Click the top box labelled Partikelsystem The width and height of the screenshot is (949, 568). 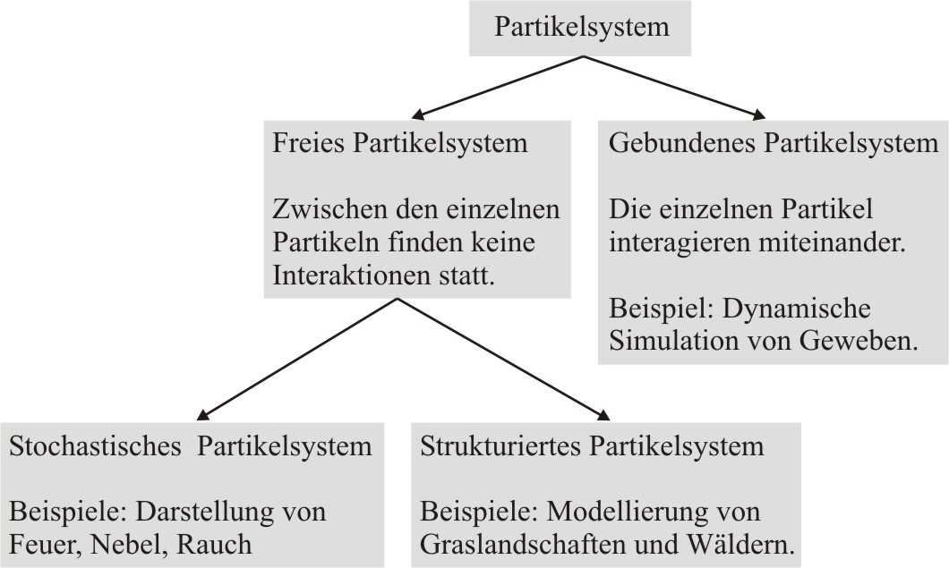click(x=580, y=28)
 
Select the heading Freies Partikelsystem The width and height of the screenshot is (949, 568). click(x=400, y=143)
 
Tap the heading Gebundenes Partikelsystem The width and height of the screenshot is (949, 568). click(x=774, y=143)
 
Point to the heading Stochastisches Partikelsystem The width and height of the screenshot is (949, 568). click(x=191, y=446)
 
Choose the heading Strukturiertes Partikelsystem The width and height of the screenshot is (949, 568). click(x=592, y=446)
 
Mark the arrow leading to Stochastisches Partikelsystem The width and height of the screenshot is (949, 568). click(x=296, y=359)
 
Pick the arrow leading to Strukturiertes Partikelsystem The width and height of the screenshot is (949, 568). click(x=503, y=359)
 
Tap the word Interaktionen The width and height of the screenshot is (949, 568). click(x=349, y=276)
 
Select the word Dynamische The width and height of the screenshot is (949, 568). click(x=797, y=309)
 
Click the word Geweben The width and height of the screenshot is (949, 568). click(x=859, y=341)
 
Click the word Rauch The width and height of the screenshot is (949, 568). click(x=214, y=545)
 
